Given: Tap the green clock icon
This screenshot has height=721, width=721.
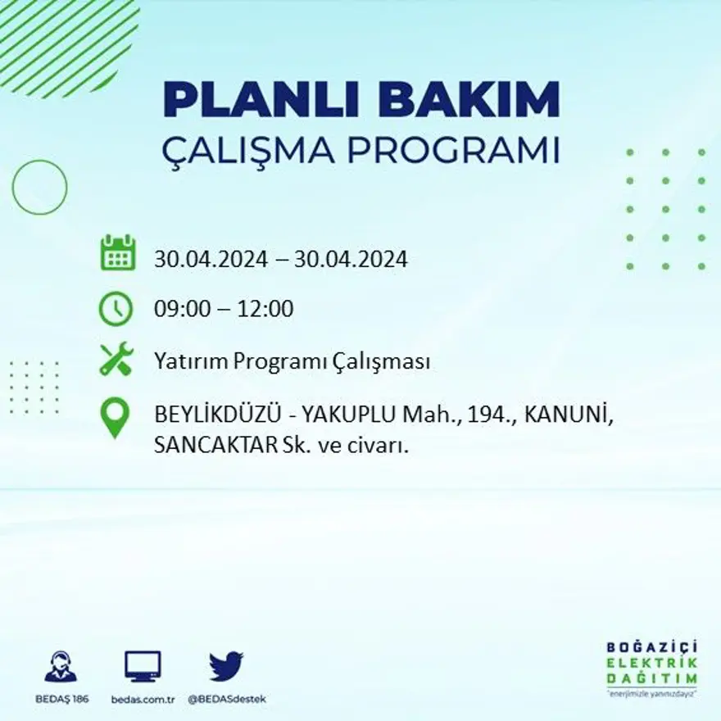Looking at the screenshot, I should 116,309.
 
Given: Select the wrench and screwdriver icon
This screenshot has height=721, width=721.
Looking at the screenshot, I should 116,360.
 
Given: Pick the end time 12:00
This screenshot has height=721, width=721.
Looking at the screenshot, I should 265,310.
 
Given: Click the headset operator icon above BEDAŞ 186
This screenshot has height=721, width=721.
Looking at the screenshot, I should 61,667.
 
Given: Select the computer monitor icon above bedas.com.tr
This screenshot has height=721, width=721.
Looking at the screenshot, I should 143,666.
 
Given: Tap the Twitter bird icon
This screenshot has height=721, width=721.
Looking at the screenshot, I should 226,665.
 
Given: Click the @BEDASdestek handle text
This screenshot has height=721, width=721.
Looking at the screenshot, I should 227,699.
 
